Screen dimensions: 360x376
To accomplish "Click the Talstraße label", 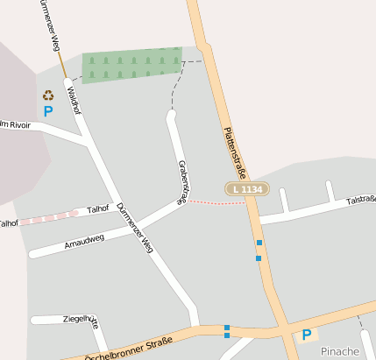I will (360, 200).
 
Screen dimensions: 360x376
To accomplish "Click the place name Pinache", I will (339, 351).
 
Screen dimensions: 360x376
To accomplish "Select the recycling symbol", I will (48, 95).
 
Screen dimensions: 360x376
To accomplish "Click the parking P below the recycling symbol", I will (48, 111).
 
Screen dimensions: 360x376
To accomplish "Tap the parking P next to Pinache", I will (307, 335).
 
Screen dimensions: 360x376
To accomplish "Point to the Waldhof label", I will (74, 101).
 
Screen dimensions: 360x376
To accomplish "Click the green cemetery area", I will (131, 65).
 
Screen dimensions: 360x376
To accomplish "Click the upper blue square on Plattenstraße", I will (259, 243).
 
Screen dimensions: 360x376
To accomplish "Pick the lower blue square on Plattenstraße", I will (259, 258).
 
